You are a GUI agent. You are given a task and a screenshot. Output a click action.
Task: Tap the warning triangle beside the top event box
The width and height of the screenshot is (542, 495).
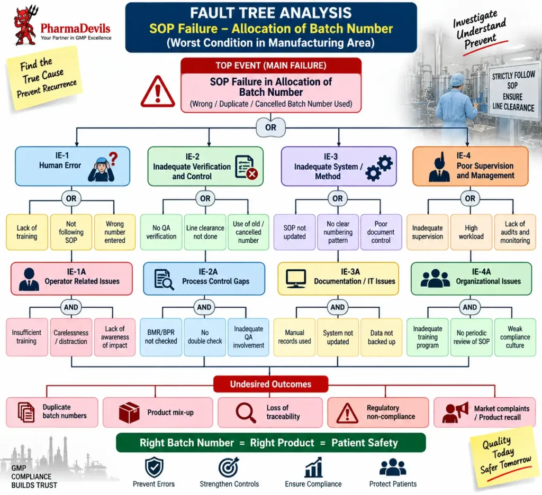(x=158, y=91)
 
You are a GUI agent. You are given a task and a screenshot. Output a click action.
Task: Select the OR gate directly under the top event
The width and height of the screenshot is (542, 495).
(x=270, y=127)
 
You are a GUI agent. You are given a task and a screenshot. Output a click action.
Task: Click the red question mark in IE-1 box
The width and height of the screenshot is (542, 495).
(x=113, y=159)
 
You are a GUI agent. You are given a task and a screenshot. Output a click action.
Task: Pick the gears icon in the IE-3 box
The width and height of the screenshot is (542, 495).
(x=379, y=168)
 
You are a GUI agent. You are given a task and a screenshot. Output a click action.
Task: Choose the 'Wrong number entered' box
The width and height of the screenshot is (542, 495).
(x=115, y=232)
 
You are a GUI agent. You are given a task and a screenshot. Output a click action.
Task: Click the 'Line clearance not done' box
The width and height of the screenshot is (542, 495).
(x=205, y=232)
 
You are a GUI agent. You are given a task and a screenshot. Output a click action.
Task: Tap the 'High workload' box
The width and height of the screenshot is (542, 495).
(x=471, y=232)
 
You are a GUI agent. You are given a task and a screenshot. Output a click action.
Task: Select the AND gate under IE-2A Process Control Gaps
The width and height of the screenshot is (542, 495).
(x=204, y=307)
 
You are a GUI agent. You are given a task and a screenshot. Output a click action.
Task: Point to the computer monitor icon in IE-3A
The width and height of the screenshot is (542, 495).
(x=296, y=278)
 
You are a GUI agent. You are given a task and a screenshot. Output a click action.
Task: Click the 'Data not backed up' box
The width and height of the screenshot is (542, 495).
(x=381, y=337)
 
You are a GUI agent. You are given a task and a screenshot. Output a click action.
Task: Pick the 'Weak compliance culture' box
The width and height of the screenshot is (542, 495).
(x=515, y=337)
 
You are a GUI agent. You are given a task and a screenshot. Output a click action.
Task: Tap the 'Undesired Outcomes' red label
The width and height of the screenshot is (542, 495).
(x=270, y=384)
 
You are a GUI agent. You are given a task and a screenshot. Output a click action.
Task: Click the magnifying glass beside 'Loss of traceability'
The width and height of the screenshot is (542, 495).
(x=246, y=412)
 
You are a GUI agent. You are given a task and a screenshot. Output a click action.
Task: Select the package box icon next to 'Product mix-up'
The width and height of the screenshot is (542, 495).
(x=129, y=412)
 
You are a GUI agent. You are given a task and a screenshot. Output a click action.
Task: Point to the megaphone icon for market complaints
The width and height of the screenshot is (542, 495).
(x=455, y=412)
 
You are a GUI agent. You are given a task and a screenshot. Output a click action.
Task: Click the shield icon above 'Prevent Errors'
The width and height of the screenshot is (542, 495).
(x=154, y=467)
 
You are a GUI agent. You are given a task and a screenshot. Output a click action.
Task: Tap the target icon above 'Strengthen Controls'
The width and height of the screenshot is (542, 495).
(x=229, y=467)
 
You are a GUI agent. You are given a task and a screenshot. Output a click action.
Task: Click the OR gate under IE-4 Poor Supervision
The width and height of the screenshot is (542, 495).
(x=470, y=199)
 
